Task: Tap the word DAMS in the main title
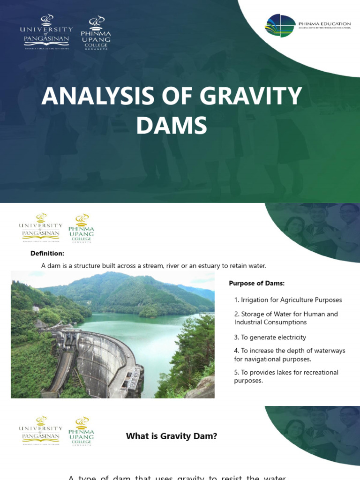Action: (x=172, y=126)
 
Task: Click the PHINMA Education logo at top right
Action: (x=308, y=26)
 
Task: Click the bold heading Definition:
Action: (x=47, y=253)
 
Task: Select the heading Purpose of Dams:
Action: (x=256, y=283)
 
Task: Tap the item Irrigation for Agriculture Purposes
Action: (x=288, y=300)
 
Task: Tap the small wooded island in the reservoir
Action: (x=149, y=311)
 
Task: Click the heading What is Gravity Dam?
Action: (x=172, y=436)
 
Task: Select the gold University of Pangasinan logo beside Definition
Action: (x=41, y=228)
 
